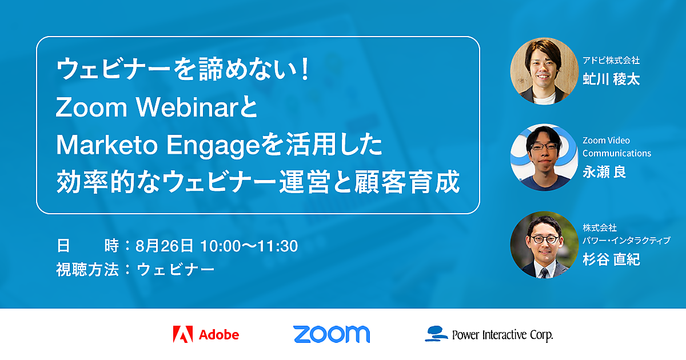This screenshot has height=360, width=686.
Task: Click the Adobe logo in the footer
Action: tap(206, 334)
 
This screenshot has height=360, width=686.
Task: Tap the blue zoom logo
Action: tap(332, 334)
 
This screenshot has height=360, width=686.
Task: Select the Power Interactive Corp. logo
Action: tap(489, 334)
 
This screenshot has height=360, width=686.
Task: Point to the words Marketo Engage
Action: tap(158, 145)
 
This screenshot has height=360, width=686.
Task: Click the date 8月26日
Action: tap(165, 246)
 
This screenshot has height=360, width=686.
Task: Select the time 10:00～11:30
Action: tap(249, 246)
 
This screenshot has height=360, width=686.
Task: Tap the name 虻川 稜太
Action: tap(611, 79)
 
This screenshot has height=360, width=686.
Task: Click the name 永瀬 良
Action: tap(604, 172)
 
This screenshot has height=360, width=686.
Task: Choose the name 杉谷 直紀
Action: tap(611, 259)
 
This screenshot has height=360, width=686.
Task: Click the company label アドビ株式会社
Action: tap(611, 61)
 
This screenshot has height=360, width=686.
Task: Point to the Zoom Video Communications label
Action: tap(617, 147)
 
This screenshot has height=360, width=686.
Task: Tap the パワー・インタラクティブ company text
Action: tap(627, 241)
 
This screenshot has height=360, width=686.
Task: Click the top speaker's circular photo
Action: tap(544, 71)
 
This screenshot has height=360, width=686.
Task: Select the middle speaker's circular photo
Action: tap(544, 157)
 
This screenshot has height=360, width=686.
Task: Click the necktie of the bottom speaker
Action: tap(544, 273)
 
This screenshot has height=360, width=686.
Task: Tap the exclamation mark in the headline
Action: tap(305, 70)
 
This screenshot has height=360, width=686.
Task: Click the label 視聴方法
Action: tap(87, 269)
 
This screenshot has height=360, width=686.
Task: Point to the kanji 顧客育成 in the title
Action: tap(407, 182)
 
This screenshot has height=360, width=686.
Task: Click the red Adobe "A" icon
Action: tap(183, 334)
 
